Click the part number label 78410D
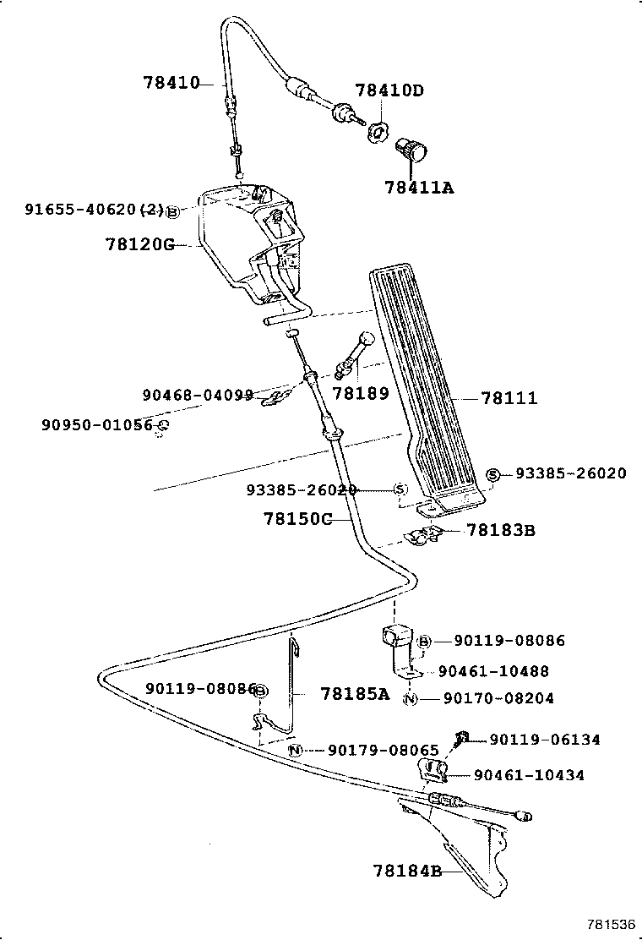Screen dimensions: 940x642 pyautogui.click(x=389, y=90)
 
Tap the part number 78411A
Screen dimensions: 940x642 pyautogui.click(x=419, y=188)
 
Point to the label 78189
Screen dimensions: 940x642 pyautogui.click(x=361, y=393)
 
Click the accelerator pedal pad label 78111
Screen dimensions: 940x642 pyautogui.click(x=509, y=397)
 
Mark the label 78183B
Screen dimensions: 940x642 pyautogui.click(x=500, y=531)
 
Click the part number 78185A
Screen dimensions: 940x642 pyautogui.click(x=355, y=694)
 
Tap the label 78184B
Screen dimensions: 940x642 pyautogui.click(x=407, y=870)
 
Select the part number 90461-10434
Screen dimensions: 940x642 pyautogui.click(x=529, y=775)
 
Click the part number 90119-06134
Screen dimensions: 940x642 pyautogui.click(x=545, y=740)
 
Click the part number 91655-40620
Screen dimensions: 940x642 pyautogui.click(x=81, y=209)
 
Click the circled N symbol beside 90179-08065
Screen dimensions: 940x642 pyautogui.click(x=295, y=751)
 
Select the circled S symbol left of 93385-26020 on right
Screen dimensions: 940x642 pyautogui.click(x=494, y=474)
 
